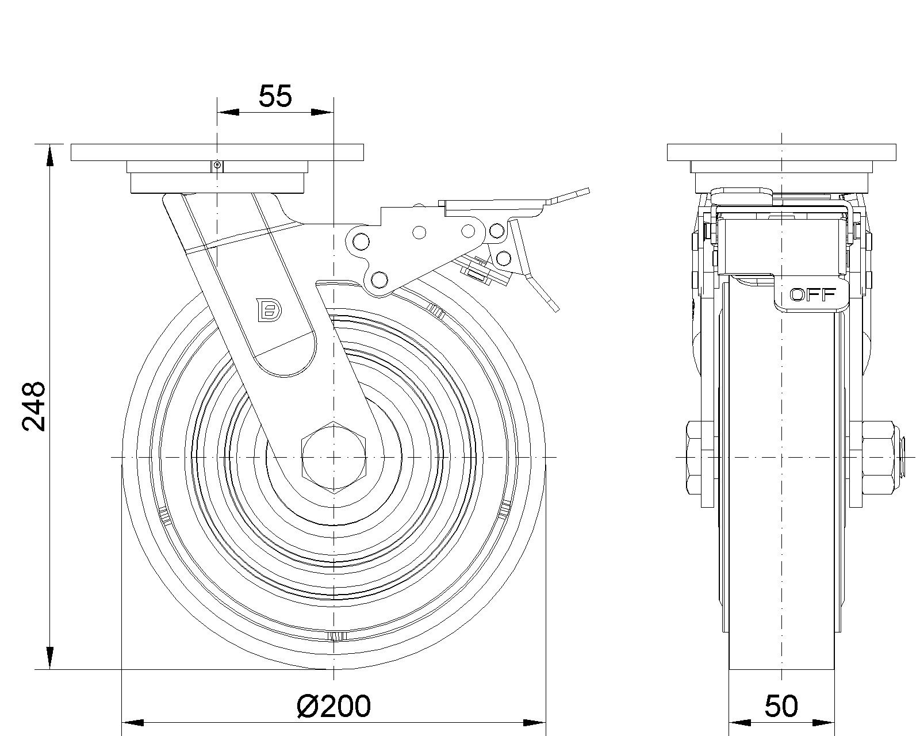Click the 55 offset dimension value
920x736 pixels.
275,97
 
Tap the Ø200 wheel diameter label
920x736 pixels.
333,706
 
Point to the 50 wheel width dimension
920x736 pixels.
781,706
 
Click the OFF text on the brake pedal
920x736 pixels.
812,295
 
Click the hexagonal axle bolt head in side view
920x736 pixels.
333,457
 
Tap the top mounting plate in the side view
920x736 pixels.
781,152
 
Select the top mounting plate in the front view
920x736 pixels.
217,152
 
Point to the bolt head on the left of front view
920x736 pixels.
698,457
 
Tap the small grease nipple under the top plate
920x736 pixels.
217,166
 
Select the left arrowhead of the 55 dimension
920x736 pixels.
228,112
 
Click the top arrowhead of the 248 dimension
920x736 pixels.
50,155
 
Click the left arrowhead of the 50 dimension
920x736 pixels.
739,722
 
